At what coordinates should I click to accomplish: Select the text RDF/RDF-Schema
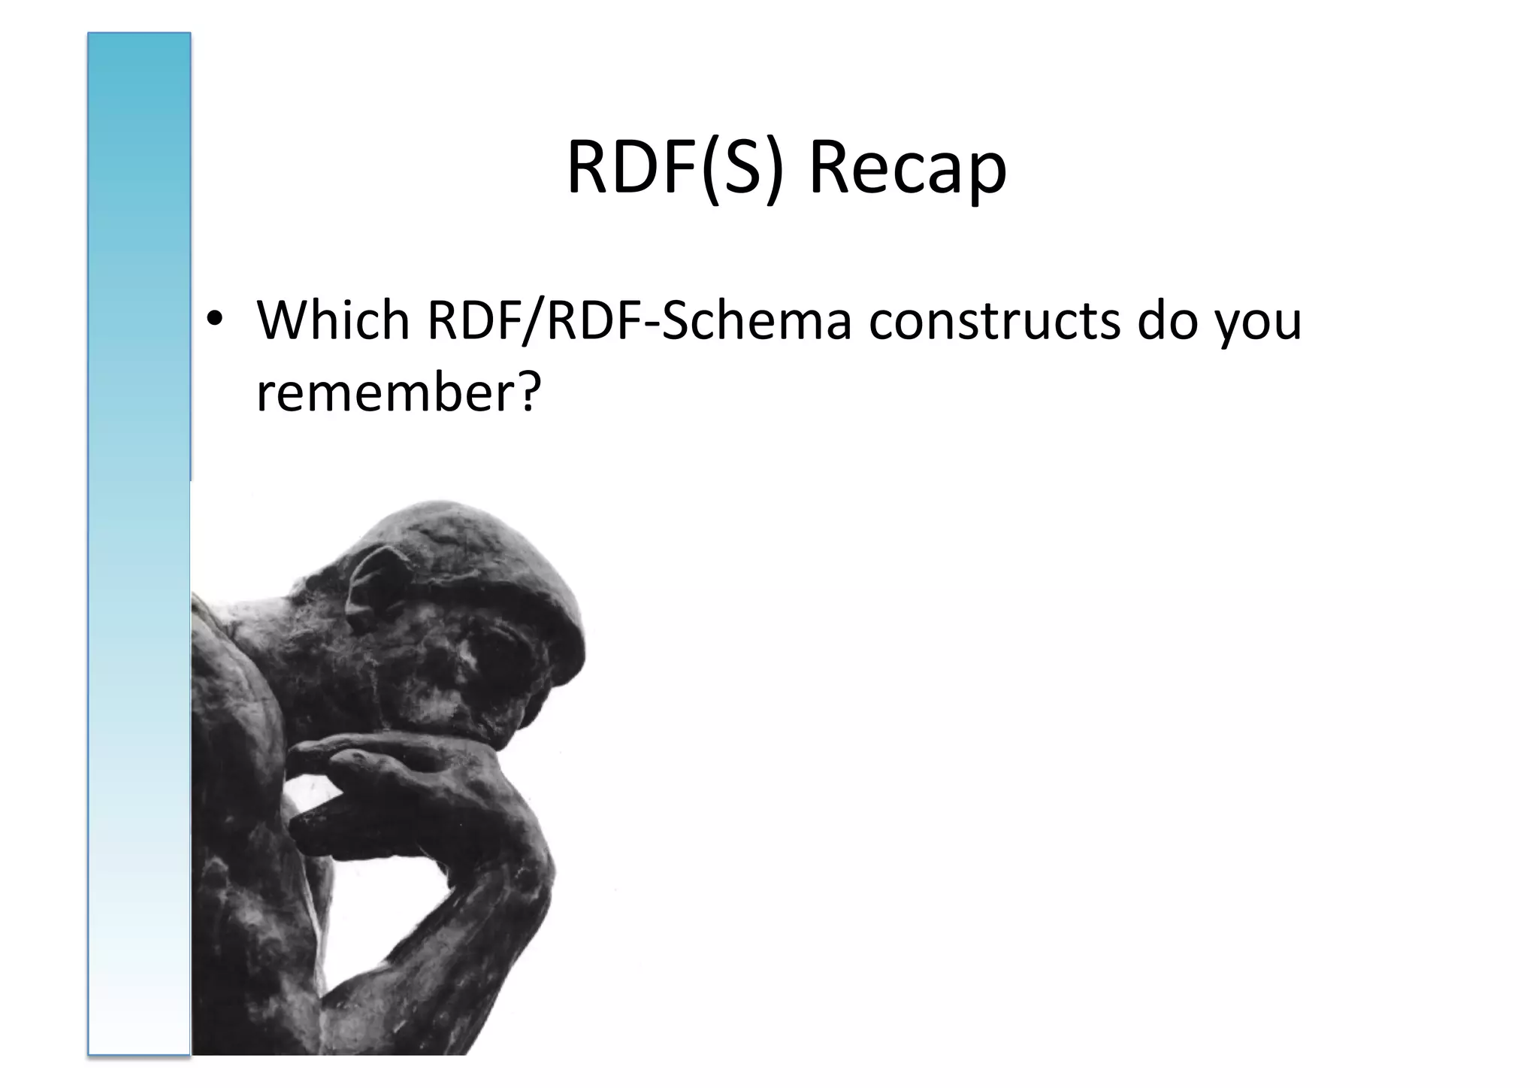coord(639,320)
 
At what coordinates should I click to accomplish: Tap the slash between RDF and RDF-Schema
coord(535,320)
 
